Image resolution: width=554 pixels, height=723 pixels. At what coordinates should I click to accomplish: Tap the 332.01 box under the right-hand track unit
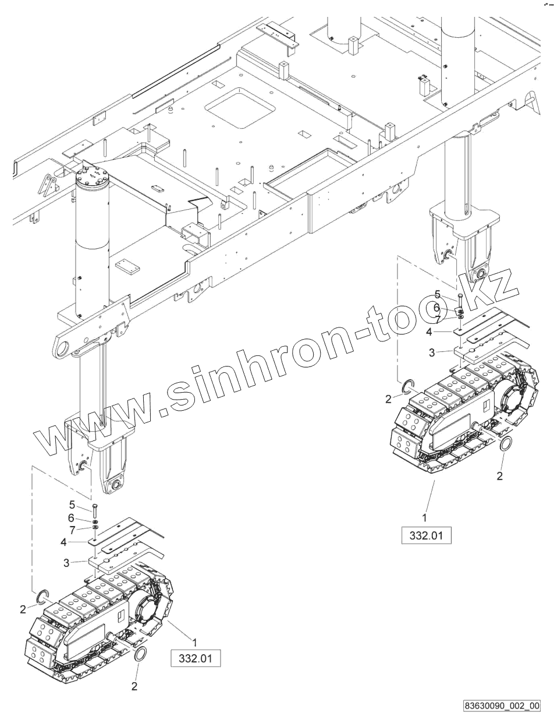click(x=427, y=534)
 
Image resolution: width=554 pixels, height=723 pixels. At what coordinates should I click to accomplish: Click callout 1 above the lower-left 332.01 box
click(x=195, y=641)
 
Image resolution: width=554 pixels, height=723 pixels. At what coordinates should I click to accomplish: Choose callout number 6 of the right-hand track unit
click(x=437, y=308)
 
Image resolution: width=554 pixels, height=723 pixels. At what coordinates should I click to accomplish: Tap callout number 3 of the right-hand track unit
click(x=431, y=352)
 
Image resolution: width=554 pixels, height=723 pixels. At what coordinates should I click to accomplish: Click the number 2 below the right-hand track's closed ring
click(x=499, y=476)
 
